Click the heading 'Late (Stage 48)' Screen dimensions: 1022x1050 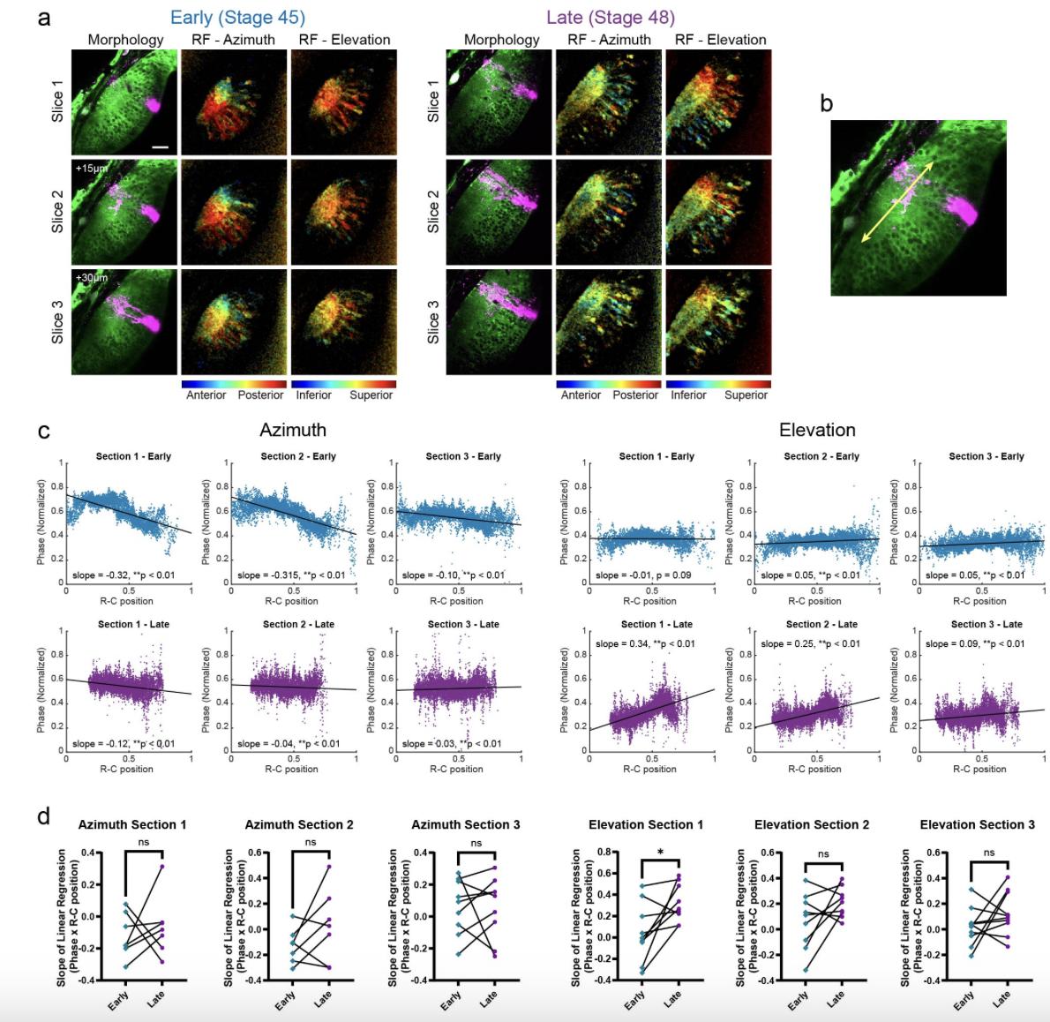point(611,17)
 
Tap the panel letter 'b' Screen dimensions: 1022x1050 point(826,104)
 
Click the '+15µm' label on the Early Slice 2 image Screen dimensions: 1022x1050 point(92,167)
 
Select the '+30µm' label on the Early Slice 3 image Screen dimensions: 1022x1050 point(92,278)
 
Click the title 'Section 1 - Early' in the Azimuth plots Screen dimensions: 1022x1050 point(133,456)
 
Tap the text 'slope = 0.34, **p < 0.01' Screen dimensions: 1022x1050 point(645,643)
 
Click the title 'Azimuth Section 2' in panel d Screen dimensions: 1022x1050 point(298,824)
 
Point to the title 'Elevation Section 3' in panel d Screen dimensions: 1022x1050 point(977,824)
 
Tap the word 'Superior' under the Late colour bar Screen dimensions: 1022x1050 point(746,395)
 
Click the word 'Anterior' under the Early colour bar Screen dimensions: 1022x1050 point(206,395)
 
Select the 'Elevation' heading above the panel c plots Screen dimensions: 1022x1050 point(817,430)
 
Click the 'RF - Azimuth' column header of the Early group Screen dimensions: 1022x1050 point(234,40)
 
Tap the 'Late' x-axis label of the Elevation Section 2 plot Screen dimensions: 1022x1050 point(835,998)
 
